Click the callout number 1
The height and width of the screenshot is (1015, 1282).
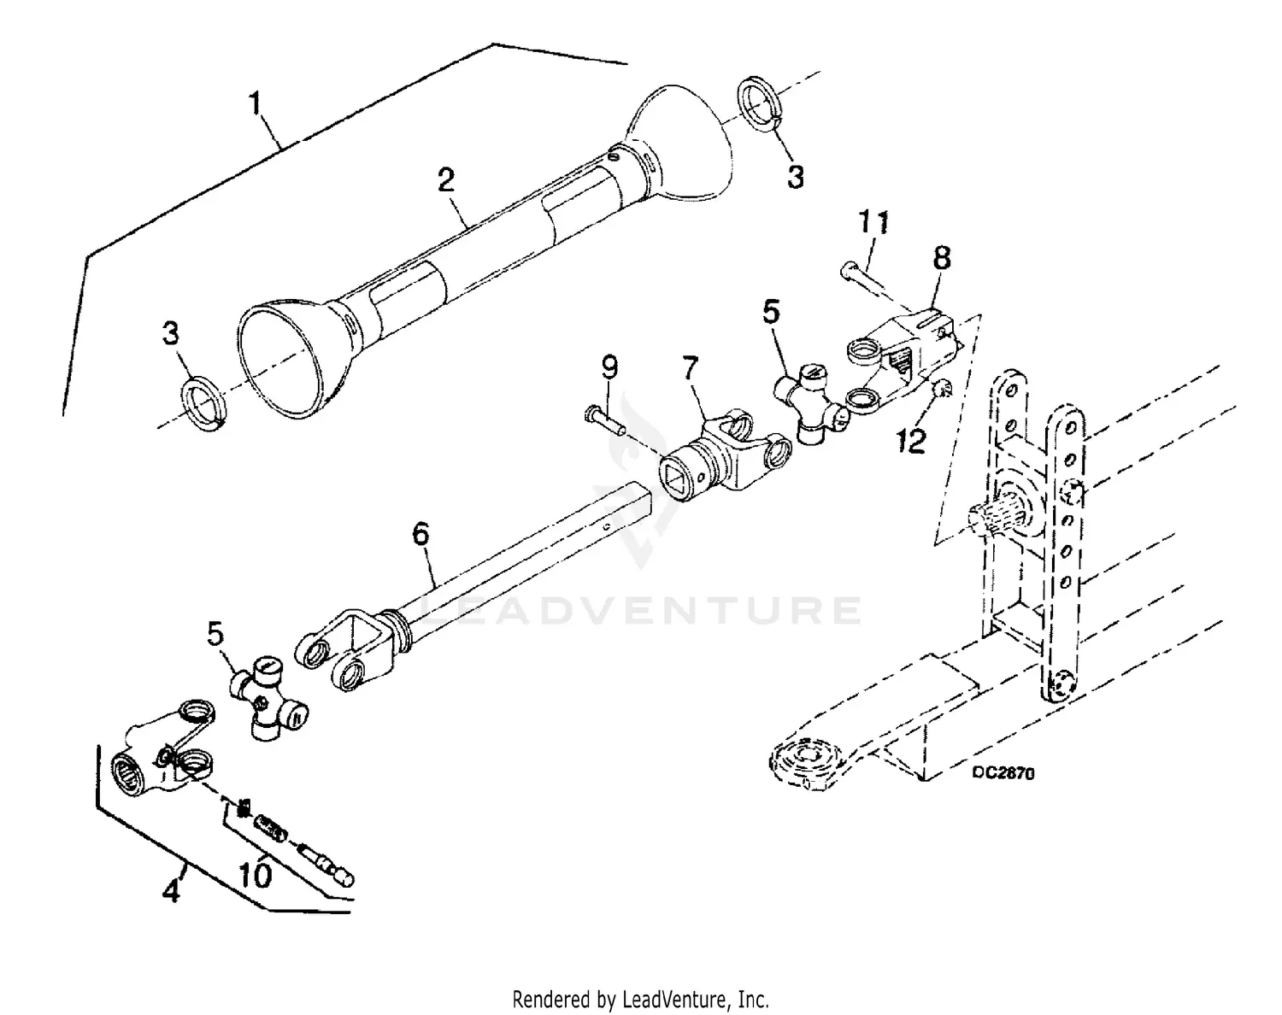click(255, 105)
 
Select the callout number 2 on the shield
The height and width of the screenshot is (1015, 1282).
click(445, 180)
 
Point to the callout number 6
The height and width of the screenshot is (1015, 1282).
click(420, 535)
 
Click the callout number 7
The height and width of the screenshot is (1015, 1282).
click(690, 369)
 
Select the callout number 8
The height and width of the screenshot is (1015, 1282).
click(941, 258)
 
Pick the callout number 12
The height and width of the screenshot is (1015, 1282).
click(912, 442)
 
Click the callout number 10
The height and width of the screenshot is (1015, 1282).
click(256, 875)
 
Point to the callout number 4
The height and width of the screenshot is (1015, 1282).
click(172, 892)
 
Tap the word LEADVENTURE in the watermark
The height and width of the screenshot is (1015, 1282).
click(641, 610)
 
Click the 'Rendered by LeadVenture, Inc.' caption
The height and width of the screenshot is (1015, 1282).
click(640, 998)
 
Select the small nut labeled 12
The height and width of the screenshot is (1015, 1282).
click(941, 390)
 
